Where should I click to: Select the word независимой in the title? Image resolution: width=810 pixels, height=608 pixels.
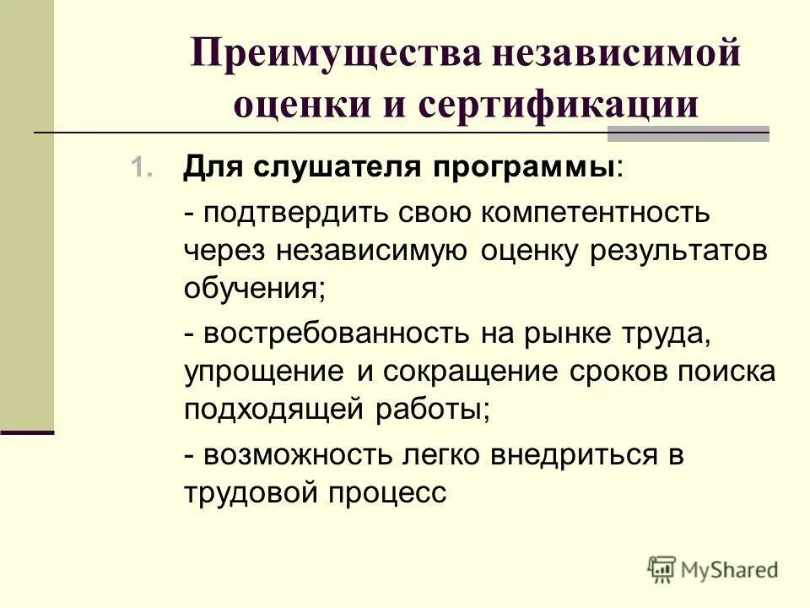(x=607, y=56)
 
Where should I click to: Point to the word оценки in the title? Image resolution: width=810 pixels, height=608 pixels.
(x=290, y=105)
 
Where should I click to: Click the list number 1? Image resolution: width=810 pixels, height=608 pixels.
(x=140, y=167)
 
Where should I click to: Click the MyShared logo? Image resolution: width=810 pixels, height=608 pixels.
(x=712, y=569)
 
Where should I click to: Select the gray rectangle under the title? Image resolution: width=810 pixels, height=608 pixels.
(x=688, y=133)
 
